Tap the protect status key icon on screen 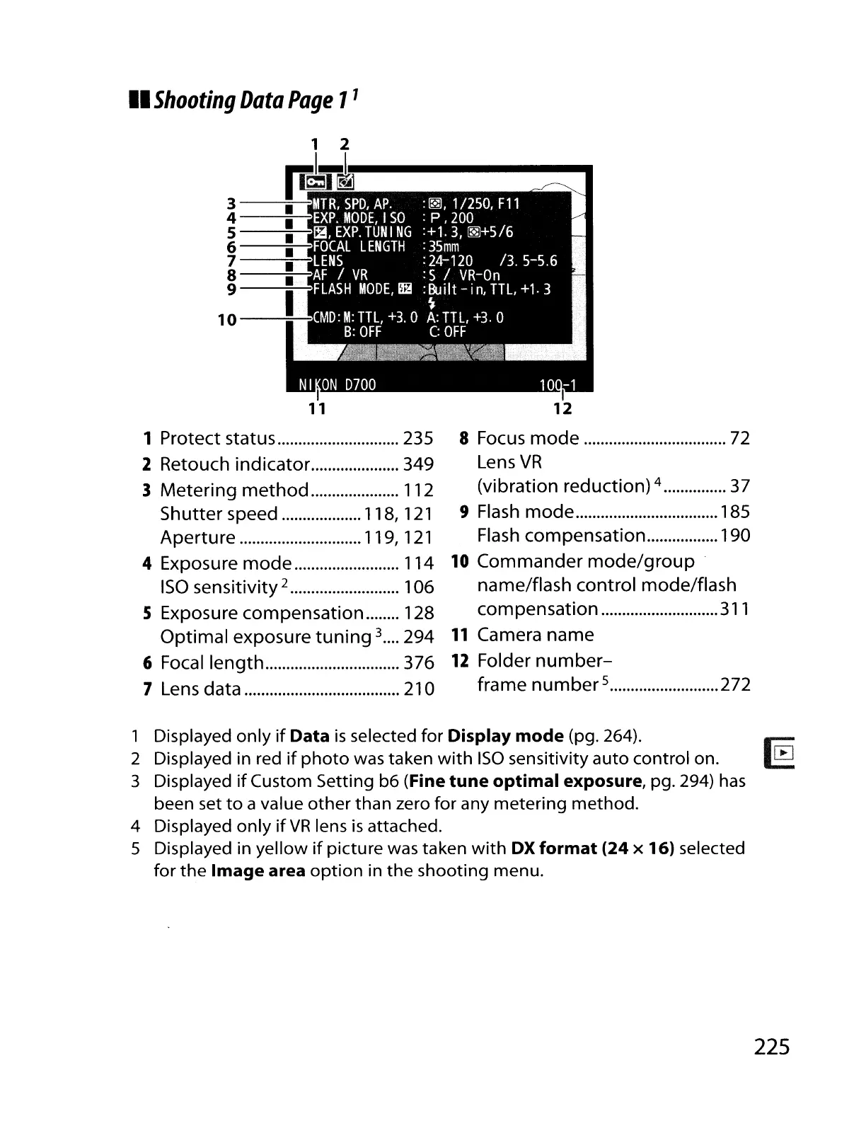point(314,183)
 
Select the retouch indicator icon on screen point(345,183)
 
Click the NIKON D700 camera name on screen point(337,385)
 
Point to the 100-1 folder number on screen point(558,385)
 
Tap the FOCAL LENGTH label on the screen point(359,246)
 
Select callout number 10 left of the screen point(227,320)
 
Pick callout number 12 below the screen point(562,408)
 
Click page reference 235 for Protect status point(418,439)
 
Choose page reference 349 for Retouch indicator point(418,465)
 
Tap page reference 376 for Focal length point(418,663)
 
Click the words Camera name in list point(536,635)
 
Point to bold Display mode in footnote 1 point(506,736)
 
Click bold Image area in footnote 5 point(258,870)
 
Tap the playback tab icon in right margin point(783,753)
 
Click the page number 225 point(771,1046)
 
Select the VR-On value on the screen point(480,275)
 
